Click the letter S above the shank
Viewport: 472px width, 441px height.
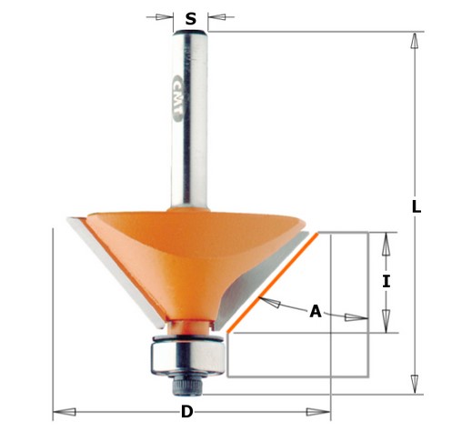(190, 19)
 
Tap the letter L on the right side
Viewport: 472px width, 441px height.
(416, 206)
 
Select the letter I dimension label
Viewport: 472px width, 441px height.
(387, 282)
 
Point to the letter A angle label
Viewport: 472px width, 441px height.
(316, 311)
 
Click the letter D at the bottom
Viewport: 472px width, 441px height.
(186, 412)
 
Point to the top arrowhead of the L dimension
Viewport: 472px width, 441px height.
(415, 41)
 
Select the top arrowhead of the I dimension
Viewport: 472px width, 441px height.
(387, 242)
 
